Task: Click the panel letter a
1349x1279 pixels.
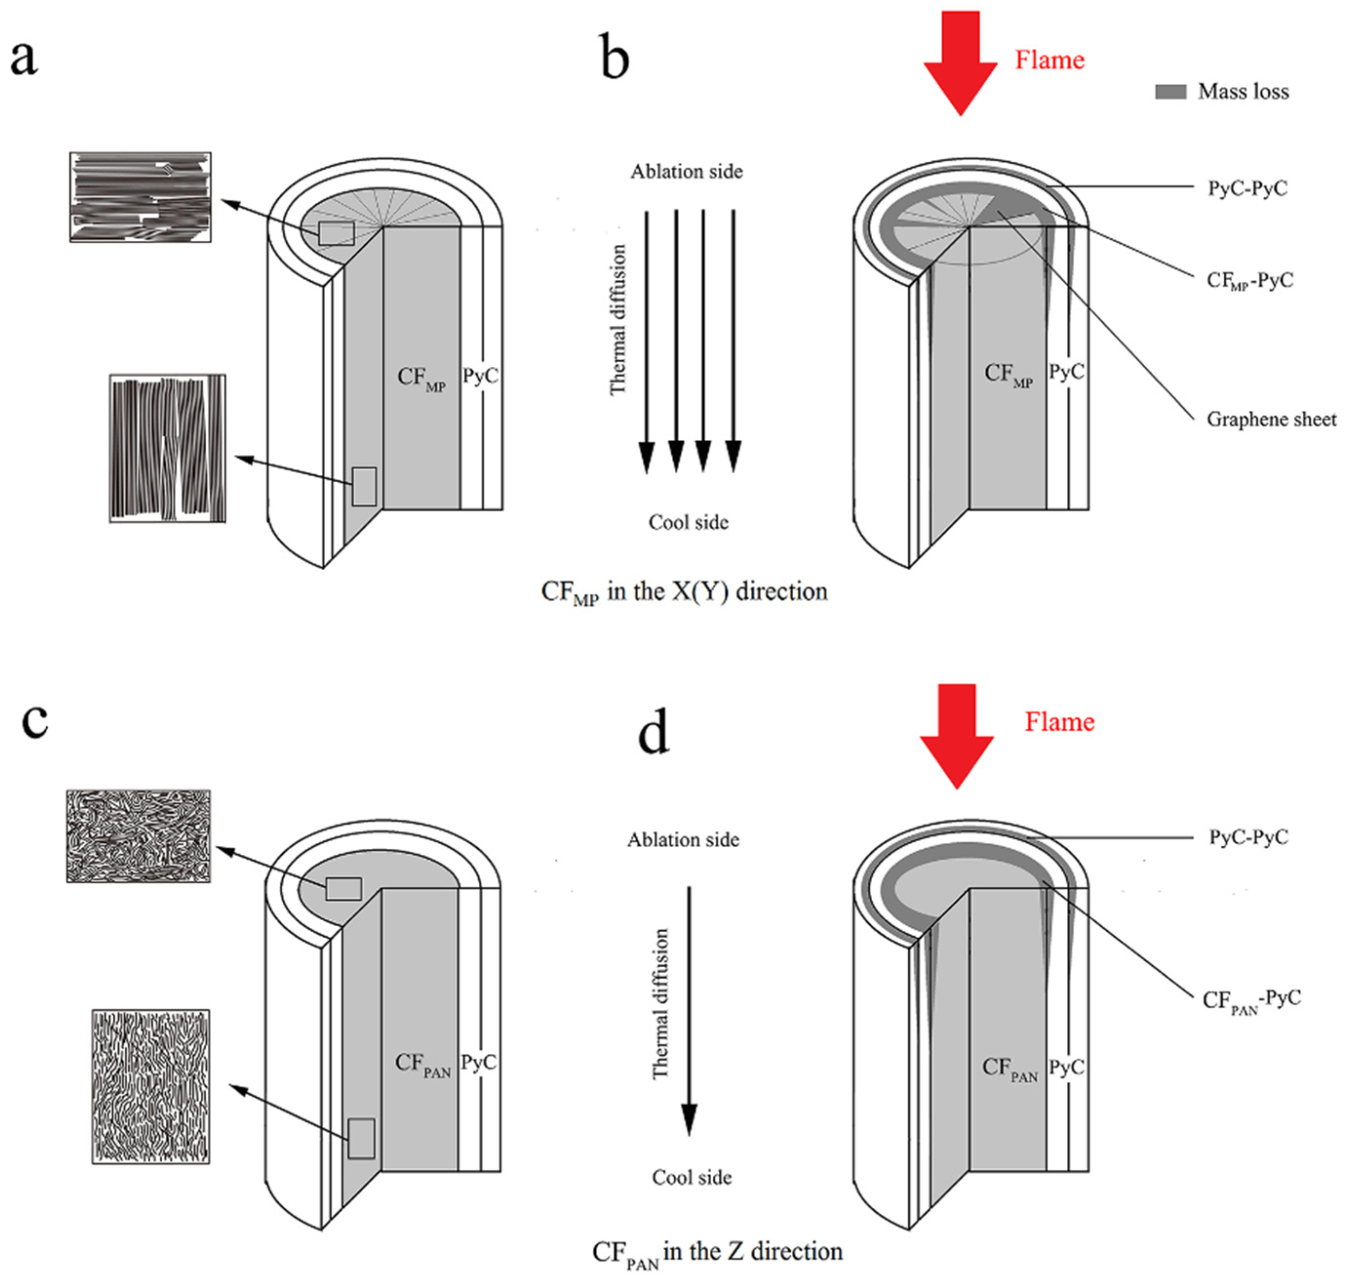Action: pyautogui.click(x=24, y=58)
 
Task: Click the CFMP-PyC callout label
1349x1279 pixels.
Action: pyautogui.click(x=1250, y=280)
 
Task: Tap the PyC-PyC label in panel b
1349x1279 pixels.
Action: pyautogui.click(x=1248, y=188)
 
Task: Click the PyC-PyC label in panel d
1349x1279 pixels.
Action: pyautogui.click(x=1248, y=837)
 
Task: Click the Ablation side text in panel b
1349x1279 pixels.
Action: pyautogui.click(x=686, y=172)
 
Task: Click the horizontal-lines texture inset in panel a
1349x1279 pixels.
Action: pyautogui.click(x=140, y=197)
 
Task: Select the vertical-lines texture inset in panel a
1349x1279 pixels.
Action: pyautogui.click(x=168, y=448)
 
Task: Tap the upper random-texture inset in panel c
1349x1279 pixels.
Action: pyautogui.click(x=138, y=836)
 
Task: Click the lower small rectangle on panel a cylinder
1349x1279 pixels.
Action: pyautogui.click(x=364, y=487)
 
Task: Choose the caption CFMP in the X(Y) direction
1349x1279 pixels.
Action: pyautogui.click(x=684, y=592)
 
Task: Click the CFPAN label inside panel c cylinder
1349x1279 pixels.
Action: pyautogui.click(x=423, y=1064)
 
